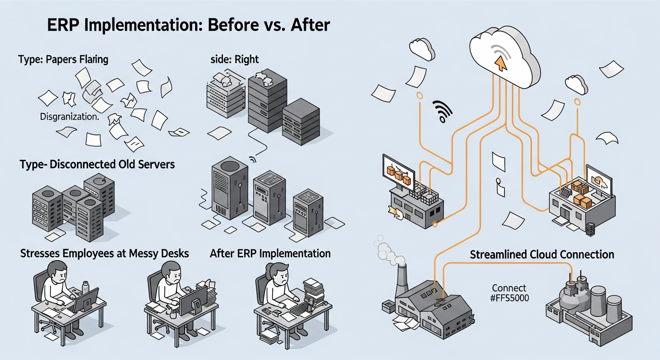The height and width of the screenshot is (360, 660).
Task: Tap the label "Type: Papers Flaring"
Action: coord(63,60)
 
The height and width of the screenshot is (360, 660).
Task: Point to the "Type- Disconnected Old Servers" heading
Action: coord(97,165)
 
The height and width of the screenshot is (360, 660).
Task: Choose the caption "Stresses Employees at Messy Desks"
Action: coord(105,254)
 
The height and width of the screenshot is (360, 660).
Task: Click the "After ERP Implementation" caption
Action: coord(270,254)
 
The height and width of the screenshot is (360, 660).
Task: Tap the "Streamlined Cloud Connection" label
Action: coord(541,255)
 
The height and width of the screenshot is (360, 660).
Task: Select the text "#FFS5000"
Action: coord(509,297)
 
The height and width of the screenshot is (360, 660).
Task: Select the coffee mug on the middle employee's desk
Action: coord(173,315)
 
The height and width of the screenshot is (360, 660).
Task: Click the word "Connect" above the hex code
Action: coord(509,288)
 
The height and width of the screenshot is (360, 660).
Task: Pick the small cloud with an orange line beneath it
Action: coord(576,84)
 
